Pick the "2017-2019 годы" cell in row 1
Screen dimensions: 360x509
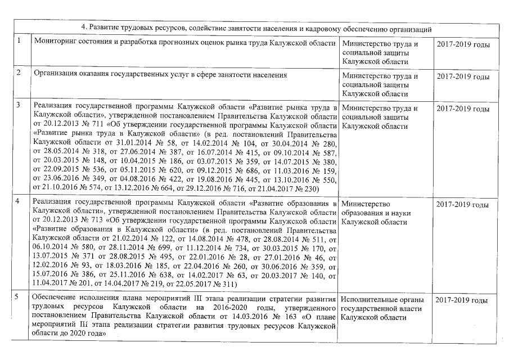pos(462,45)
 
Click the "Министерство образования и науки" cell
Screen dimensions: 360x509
pos(376,213)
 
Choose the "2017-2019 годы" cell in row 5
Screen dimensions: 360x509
pos(462,300)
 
